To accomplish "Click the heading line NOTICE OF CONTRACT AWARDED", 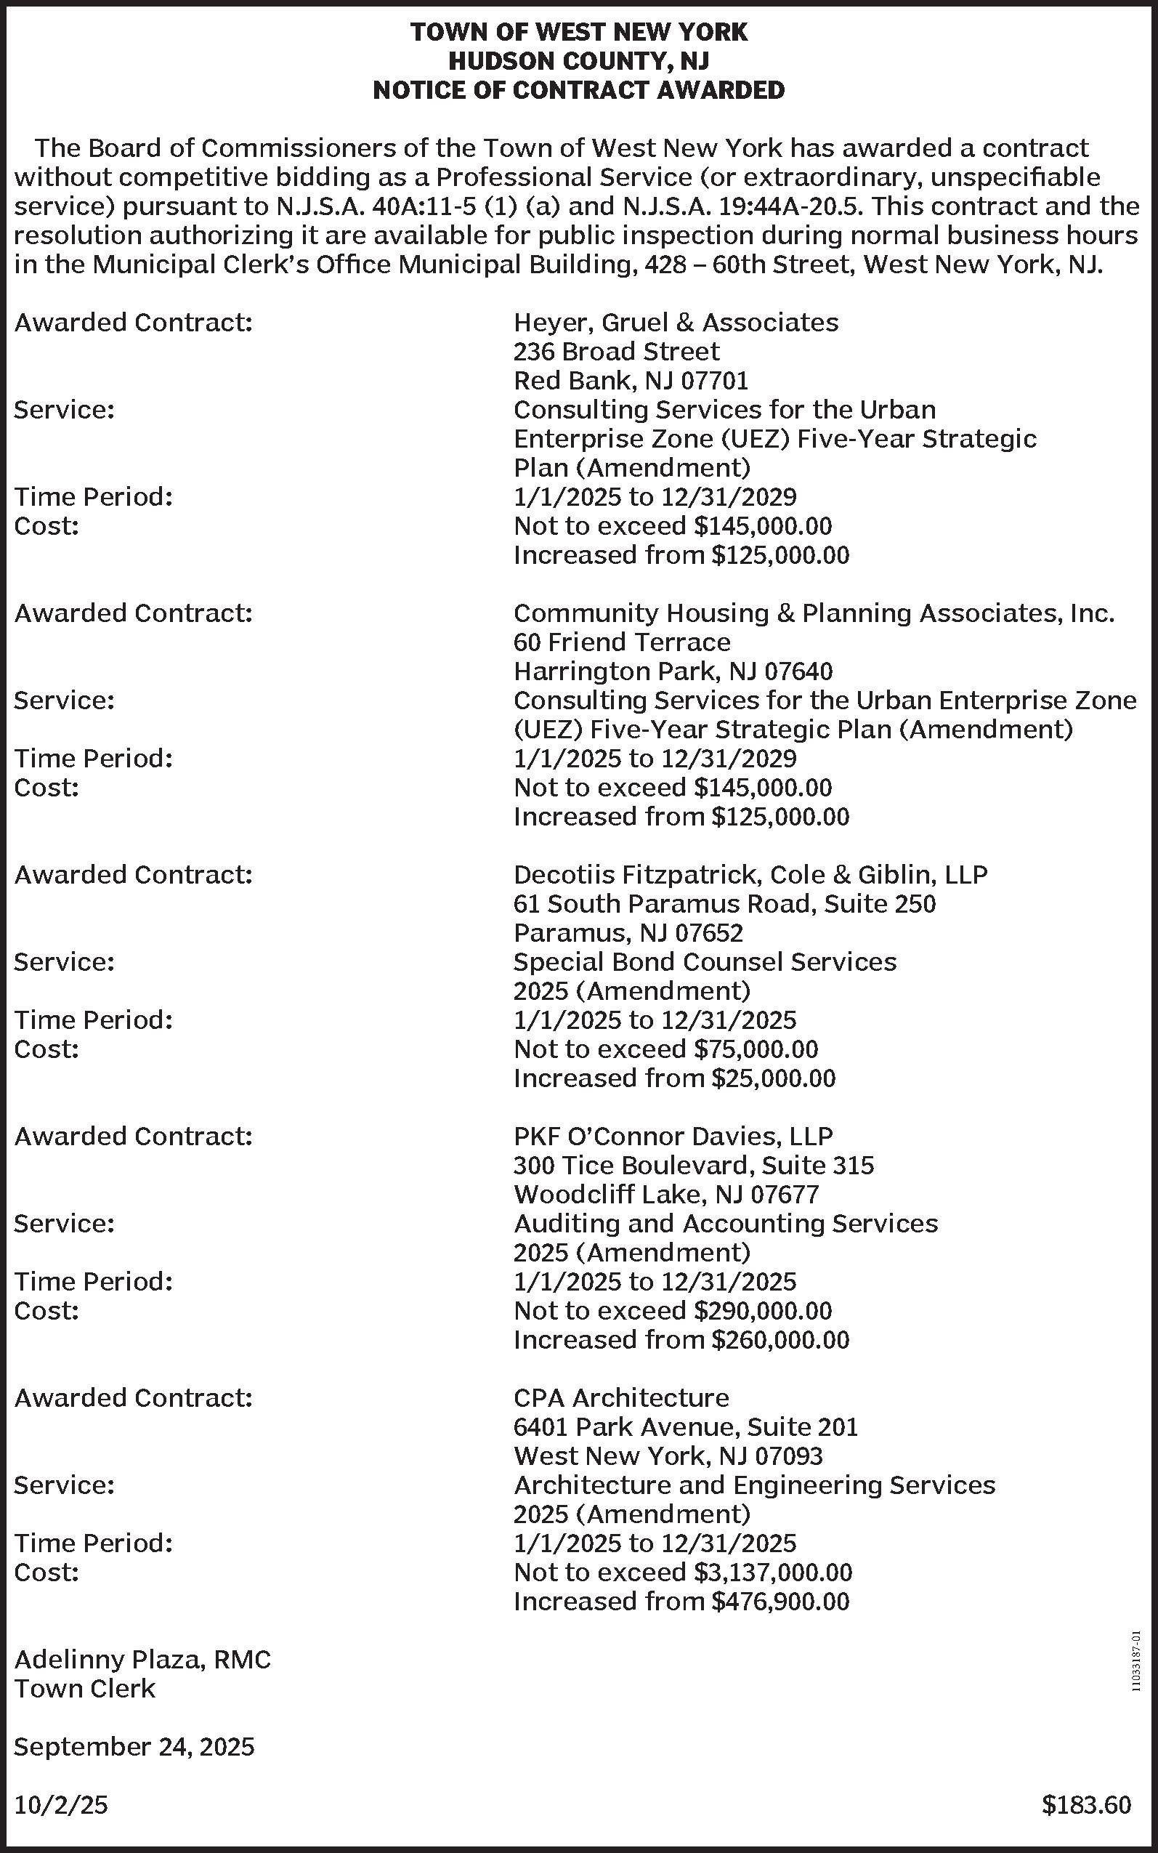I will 578,90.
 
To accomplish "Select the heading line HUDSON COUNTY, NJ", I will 578,61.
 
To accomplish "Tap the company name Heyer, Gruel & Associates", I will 676,323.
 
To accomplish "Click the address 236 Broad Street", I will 616,352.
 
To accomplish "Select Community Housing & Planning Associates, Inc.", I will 814,613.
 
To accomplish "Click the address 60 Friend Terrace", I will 621,642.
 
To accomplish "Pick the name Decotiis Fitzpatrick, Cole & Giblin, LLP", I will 750,875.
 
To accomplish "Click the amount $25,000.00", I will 773,1078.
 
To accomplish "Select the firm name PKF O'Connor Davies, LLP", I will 673,1136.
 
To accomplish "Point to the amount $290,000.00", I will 762,1311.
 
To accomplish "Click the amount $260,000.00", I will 780,1340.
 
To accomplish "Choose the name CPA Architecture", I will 620,1398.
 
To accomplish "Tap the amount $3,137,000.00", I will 772,1572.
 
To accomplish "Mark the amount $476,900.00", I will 780,1601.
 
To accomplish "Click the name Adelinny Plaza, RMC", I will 142,1659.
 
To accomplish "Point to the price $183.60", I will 1085,1805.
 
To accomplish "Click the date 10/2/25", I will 61,1805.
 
